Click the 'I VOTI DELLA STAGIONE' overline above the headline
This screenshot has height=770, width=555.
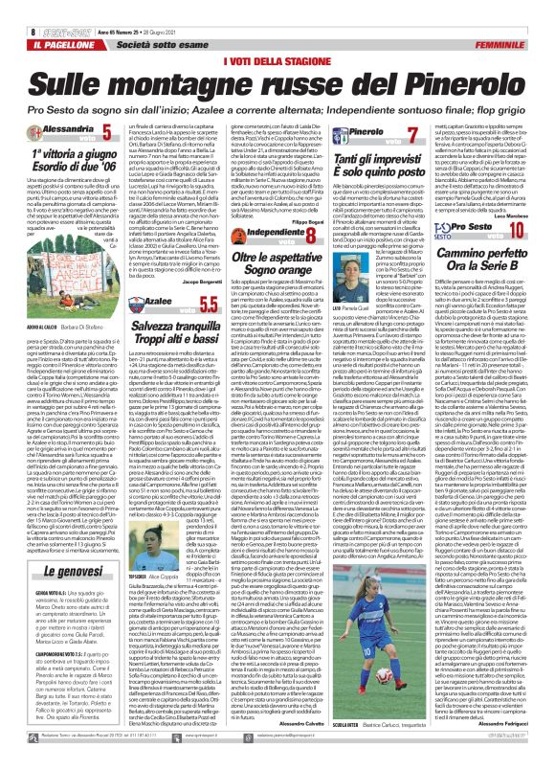tap(277, 35)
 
